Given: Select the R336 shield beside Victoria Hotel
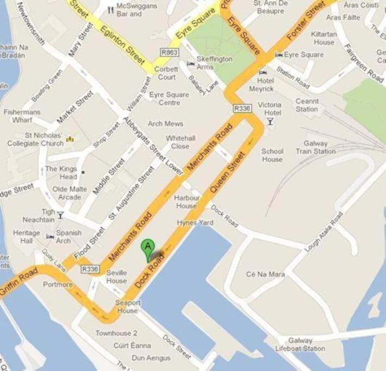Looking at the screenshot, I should (x=242, y=109).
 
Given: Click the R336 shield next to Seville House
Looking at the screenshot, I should (x=90, y=269).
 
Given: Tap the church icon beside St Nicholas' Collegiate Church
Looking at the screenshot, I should (x=70, y=140).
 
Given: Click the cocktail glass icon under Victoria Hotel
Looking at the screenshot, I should (x=270, y=123).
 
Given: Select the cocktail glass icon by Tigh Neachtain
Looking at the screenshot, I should (x=60, y=215).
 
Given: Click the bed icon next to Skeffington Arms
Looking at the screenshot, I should (x=190, y=64).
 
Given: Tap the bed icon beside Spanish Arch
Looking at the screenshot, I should (x=50, y=237).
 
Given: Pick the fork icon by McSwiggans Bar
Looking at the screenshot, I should (x=110, y=9).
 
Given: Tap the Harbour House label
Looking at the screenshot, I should (x=186, y=202).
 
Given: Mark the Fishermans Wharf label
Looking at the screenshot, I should (x=22, y=116).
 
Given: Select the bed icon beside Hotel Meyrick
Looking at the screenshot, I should (x=263, y=72).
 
